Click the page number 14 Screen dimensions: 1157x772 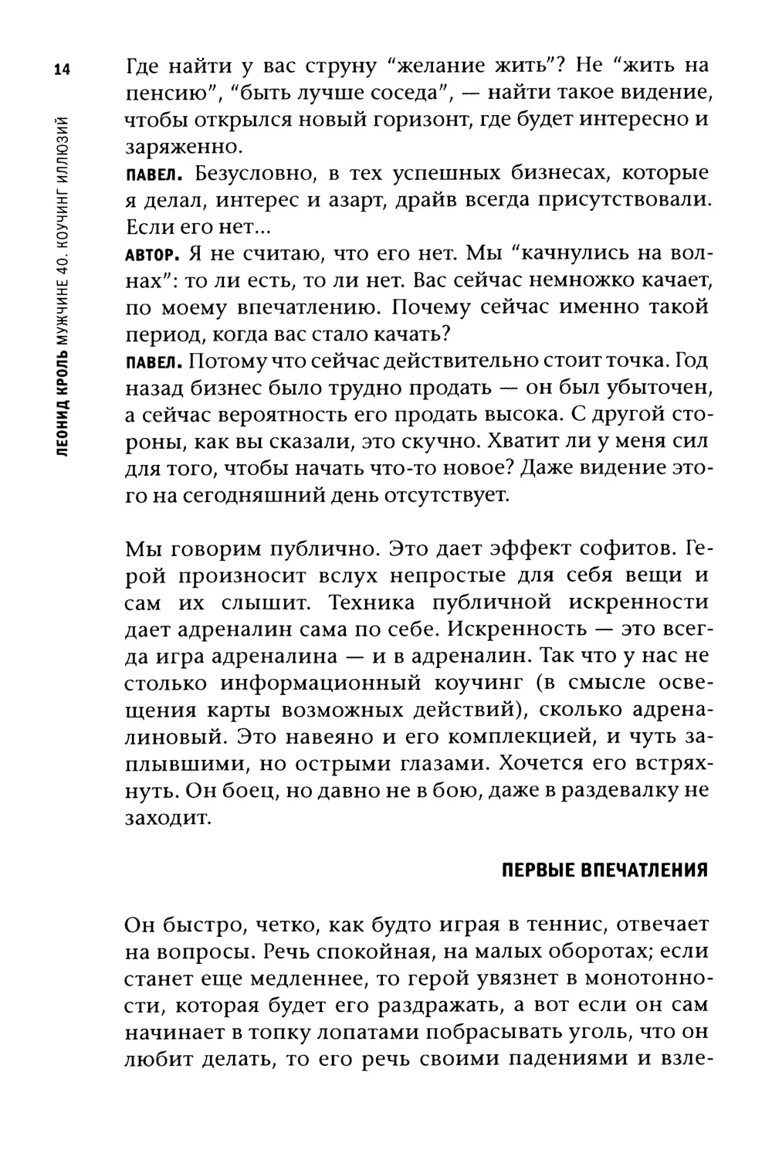63,70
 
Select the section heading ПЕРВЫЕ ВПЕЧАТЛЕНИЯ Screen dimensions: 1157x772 604,870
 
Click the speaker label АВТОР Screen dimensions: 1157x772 151,254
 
